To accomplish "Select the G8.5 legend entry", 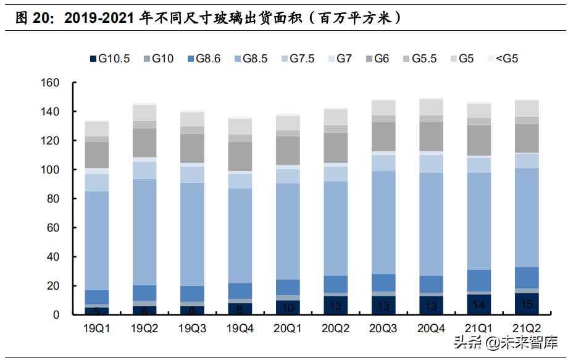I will click(x=249, y=59).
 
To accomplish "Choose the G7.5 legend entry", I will click(x=296, y=59).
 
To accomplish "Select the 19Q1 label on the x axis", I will click(x=96, y=328).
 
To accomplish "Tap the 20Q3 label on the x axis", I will click(x=383, y=328).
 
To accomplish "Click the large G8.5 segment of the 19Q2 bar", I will click(x=144, y=232).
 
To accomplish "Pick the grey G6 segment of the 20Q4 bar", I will click(x=431, y=136).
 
